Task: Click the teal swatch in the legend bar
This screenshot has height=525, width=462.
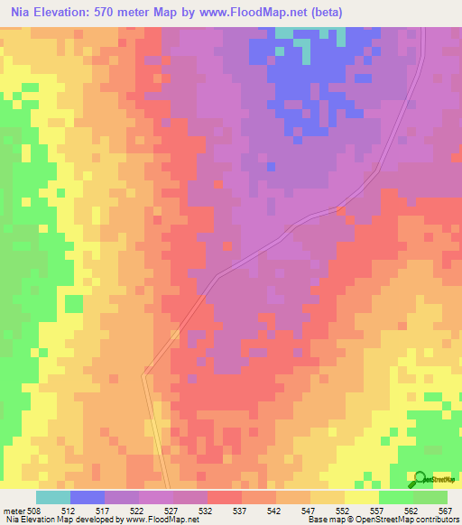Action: click(53, 497)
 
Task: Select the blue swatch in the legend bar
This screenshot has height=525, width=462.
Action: click(88, 497)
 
